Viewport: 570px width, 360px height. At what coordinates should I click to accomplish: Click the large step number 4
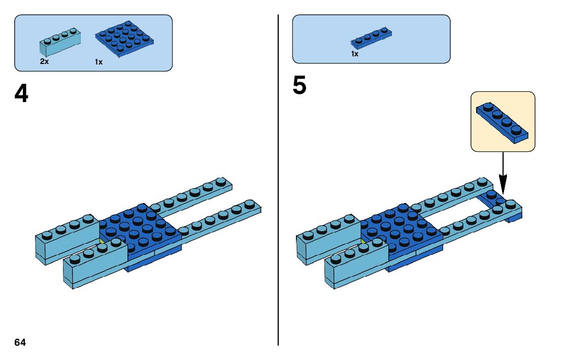coord(21,93)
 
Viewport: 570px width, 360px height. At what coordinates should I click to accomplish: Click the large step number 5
coord(299,86)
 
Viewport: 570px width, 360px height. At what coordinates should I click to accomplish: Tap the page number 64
coord(20,342)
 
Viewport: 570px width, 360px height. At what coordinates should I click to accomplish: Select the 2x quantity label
coord(45,61)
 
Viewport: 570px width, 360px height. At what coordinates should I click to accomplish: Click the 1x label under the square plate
coord(98,62)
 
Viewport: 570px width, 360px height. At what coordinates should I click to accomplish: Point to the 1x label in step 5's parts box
coord(355,54)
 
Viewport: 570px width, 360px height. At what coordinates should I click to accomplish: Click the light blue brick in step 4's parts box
coord(59,42)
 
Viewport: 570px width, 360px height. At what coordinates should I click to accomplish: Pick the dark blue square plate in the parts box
coord(124,39)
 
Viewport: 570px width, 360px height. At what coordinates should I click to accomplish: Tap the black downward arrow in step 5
coord(502,173)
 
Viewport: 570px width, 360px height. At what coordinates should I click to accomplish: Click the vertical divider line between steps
coord(278,178)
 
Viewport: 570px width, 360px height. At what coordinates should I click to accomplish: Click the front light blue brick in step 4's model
coord(95,267)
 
